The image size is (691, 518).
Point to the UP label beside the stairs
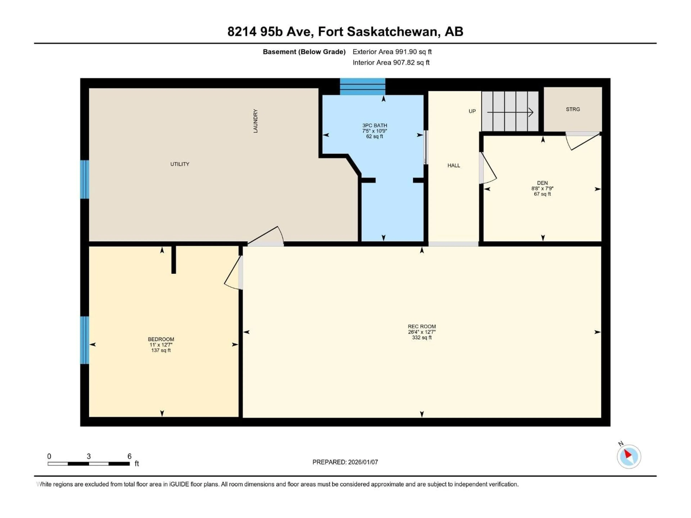pyautogui.click(x=472, y=111)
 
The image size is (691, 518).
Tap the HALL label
pyautogui.click(x=454, y=165)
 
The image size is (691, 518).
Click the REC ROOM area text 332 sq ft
pyautogui.click(x=422, y=338)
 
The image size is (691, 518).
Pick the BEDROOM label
pyautogui.click(x=161, y=339)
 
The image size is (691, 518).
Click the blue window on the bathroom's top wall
pyautogui.click(x=362, y=87)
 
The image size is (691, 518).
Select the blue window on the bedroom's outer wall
pyautogui.click(x=84, y=340)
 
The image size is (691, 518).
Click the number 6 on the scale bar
pyautogui.click(x=129, y=456)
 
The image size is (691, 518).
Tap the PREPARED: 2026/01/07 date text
pyautogui.click(x=345, y=462)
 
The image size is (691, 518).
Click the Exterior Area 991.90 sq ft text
pyautogui.click(x=392, y=52)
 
